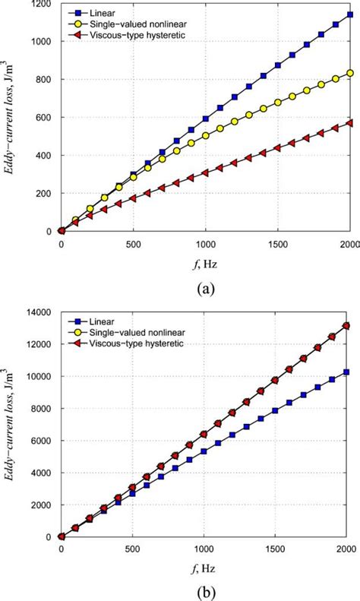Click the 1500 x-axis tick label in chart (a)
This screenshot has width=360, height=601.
point(276,245)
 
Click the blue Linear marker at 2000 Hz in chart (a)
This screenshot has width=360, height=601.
point(349,14)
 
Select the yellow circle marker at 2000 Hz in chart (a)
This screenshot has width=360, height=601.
point(349,73)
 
